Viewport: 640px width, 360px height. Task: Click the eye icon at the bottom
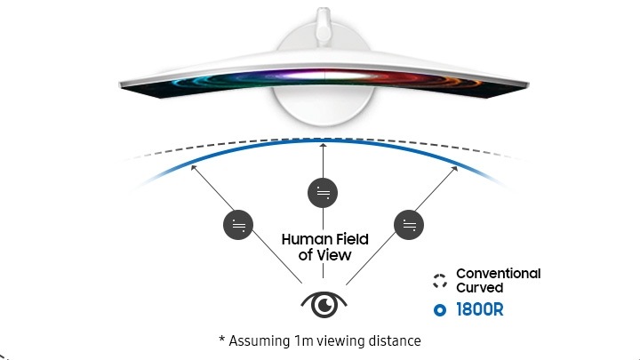click(324, 305)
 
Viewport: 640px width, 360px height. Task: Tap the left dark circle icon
click(238, 225)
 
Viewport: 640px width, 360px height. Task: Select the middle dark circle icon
click(323, 193)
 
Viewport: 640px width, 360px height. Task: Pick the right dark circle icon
click(409, 225)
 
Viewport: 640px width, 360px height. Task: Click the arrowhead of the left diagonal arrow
click(194, 167)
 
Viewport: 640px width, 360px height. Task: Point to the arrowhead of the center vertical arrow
click(323, 145)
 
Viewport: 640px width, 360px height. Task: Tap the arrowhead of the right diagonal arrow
click(454, 169)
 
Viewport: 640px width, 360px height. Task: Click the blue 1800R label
click(480, 310)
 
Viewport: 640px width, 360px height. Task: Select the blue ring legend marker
click(440, 310)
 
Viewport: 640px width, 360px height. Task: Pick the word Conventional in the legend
click(499, 274)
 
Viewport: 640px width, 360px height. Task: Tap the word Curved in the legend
click(480, 288)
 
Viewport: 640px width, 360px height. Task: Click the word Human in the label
click(308, 239)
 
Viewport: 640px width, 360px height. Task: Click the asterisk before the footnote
click(222, 338)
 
